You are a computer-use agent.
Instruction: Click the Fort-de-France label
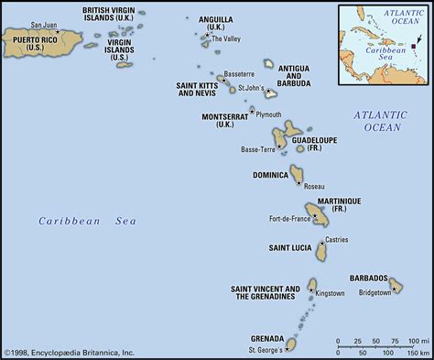pyautogui.click(x=288, y=218)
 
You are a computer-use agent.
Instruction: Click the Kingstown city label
pyautogui.click(x=330, y=293)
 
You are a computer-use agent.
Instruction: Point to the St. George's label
pyautogui.click(x=265, y=349)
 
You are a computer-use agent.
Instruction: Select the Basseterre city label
pyautogui.click(x=236, y=73)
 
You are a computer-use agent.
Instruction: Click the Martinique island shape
pyautogui.click(x=319, y=215)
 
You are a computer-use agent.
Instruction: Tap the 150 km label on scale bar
pyautogui.click(x=418, y=353)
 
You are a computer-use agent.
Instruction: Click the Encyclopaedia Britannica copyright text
pyautogui.click(x=69, y=352)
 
